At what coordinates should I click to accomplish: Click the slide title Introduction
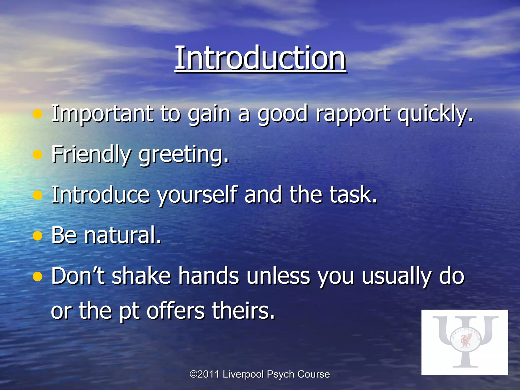(260, 58)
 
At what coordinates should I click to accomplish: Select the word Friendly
(91, 154)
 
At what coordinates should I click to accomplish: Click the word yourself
(197, 195)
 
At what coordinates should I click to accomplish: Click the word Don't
(78, 276)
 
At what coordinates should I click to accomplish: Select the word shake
(141, 276)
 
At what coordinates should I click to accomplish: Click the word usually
(396, 276)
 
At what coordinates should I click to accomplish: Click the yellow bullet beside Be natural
(38, 236)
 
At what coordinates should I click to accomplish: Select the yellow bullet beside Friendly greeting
(38, 154)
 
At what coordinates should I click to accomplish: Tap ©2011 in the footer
(204, 374)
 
